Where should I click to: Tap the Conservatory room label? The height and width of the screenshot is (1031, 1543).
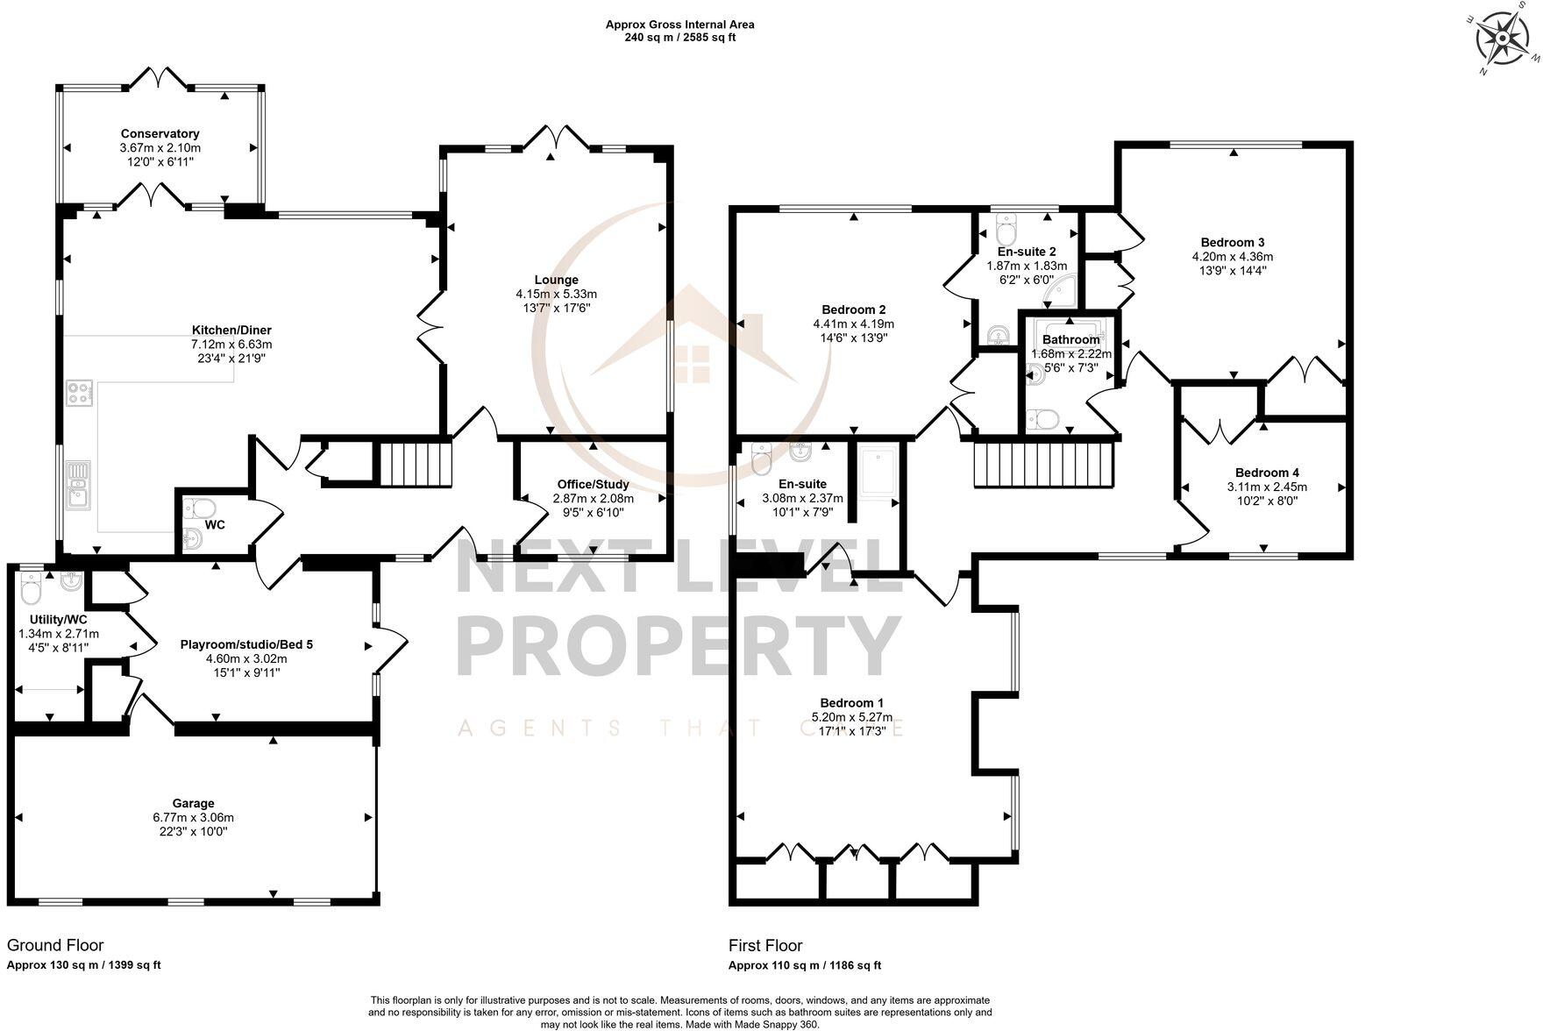(160, 134)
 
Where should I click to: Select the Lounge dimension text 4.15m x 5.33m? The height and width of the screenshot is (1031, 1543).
(556, 295)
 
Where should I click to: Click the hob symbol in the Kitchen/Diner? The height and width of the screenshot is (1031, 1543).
(79, 392)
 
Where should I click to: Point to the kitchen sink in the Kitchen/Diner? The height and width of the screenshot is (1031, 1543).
(78, 486)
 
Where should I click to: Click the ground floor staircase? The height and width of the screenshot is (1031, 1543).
(416, 465)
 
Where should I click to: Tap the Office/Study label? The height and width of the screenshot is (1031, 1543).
(593, 485)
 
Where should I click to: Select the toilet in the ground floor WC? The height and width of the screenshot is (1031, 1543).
(201, 508)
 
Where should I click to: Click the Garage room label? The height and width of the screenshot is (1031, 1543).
(193, 803)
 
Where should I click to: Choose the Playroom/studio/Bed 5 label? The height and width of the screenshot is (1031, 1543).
(246, 644)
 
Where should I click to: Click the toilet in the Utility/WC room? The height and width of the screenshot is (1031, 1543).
(31, 589)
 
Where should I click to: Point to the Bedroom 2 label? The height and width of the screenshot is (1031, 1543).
(853, 309)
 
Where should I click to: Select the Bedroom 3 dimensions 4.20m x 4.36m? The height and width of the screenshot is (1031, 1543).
(1232, 257)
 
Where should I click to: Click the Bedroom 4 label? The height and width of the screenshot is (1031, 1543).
(1266, 473)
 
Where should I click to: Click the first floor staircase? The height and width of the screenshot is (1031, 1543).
(1043, 465)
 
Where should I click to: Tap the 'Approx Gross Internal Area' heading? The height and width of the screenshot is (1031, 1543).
(679, 25)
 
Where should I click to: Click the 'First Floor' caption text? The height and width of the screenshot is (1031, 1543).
(764, 946)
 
